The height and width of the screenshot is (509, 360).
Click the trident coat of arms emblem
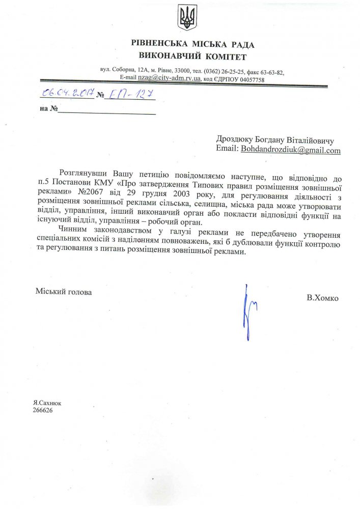pyautogui.click(x=186, y=19)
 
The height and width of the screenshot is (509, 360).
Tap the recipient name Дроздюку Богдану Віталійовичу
pyautogui.click(x=275, y=139)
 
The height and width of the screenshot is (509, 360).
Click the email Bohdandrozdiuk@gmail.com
pyautogui.click(x=291, y=150)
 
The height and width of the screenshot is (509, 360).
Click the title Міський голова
pyautogui.click(x=64, y=292)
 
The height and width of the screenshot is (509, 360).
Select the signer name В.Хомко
pyautogui.click(x=322, y=298)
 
